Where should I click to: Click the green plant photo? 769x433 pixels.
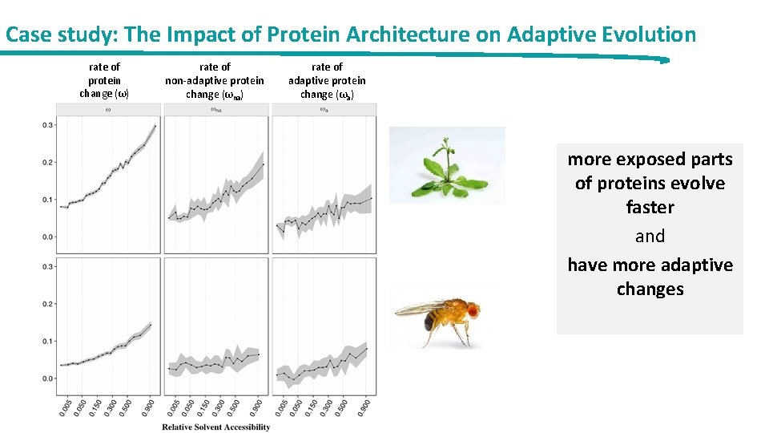(x=447, y=164)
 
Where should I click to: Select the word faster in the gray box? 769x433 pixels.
(x=650, y=208)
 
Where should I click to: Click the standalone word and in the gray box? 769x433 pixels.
(x=650, y=237)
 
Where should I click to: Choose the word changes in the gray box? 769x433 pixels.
(x=650, y=289)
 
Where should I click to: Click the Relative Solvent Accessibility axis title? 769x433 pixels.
(x=216, y=427)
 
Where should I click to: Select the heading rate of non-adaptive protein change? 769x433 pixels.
(x=215, y=80)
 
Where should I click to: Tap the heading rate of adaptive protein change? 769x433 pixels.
(x=327, y=80)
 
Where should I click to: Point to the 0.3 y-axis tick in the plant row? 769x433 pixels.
(x=47, y=125)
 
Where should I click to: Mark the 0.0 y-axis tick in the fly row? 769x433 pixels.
(x=47, y=378)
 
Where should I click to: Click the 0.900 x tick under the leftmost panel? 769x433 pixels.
(x=150, y=407)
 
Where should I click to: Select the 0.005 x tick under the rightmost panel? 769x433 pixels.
(x=280, y=407)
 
